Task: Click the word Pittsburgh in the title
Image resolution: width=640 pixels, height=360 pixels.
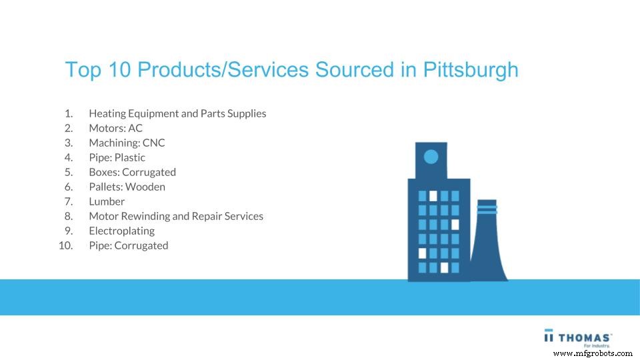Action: (471, 70)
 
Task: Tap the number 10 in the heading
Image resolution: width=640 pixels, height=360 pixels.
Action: (118, 70)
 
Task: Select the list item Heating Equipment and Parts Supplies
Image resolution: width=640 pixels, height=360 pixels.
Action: (177, 113)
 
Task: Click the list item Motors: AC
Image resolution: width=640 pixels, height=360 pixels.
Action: (115, 128)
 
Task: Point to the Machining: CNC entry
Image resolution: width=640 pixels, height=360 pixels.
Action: (127, 143)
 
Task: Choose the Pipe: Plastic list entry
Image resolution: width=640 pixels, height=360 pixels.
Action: (117, 157)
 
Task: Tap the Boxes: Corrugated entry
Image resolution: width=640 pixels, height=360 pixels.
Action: (132, 172)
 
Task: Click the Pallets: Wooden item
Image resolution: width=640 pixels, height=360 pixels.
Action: (127, 187)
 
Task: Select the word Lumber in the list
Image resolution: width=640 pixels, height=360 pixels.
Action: (107, 201)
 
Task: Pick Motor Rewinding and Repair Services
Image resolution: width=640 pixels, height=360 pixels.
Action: (176, 216)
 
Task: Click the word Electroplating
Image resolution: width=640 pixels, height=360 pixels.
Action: (121, 231)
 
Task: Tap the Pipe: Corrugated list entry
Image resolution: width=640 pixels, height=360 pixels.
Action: (128, 245)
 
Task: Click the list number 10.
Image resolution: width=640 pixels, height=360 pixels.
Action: (65, 245)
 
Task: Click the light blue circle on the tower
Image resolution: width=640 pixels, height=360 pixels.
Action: (431, 157)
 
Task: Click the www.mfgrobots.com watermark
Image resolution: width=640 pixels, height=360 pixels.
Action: (593, 353)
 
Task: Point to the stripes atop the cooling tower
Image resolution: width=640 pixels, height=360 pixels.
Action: (487, 209)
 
